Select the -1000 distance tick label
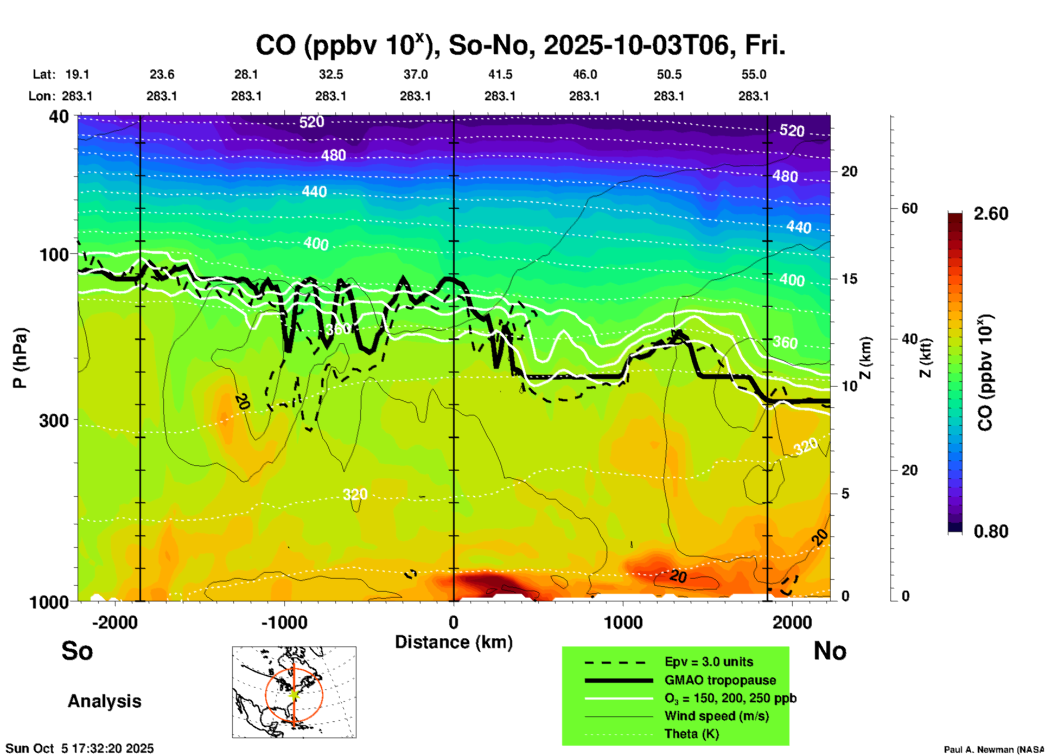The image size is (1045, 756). [284, 623]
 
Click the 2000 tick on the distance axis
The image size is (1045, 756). [792, 623]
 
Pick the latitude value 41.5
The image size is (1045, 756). [500, 74]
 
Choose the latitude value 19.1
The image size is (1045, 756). [77, 74]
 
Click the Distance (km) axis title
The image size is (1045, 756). [454, 642]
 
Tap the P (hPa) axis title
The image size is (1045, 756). [20, 358]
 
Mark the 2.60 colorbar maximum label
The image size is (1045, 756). [991, 214]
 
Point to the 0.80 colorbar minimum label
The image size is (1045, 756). [991, 531]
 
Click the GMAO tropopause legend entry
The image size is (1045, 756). [720, 680]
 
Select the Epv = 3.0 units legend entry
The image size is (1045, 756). [709, 662]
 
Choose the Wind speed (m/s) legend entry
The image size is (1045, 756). [716, 716]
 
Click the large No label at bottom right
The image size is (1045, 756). [830, 651]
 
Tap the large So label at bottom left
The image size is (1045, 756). [77, 651]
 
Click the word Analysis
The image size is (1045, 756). [104, 701]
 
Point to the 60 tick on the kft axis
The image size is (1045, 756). [909, 208]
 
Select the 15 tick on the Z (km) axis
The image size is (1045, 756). [849, 279]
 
